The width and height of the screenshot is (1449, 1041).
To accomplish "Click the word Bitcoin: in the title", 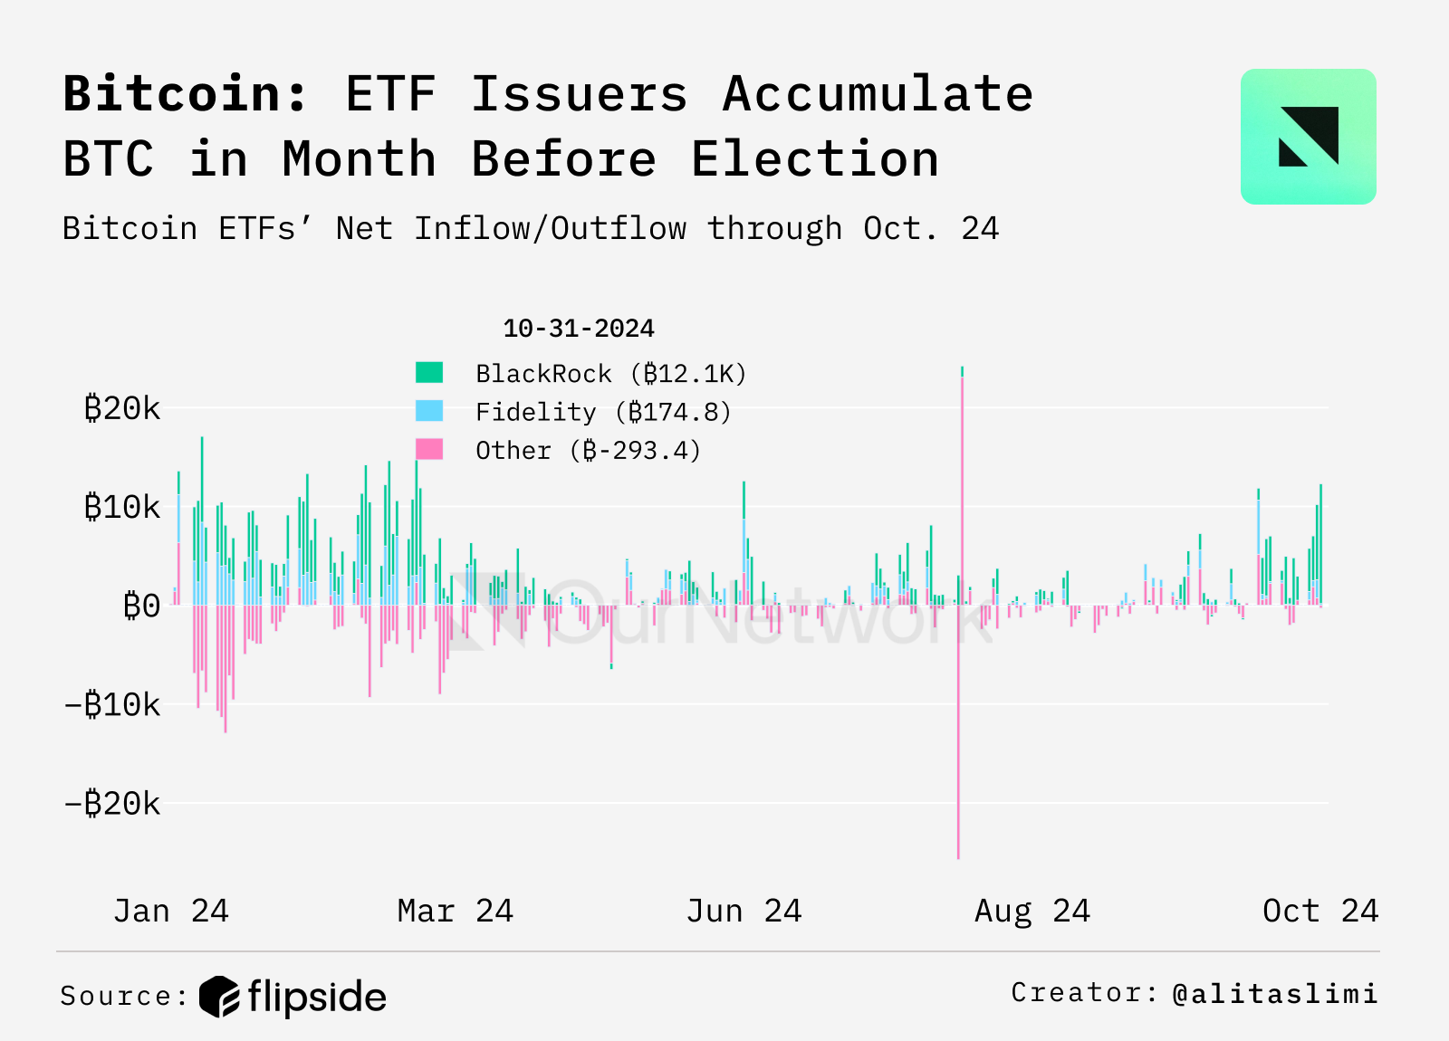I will (x=186, y=94).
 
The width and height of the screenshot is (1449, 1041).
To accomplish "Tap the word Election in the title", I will (x=815, y=159).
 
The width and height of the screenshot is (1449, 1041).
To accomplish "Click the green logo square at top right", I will (x=1308, y=137).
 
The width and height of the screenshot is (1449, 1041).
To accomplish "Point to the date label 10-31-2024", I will (x=578, y=329).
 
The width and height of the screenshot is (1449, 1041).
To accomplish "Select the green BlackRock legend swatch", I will (x=429, y=372).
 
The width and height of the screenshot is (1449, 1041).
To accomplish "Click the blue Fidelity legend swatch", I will (x=429, y=411).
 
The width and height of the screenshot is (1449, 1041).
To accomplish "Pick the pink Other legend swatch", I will (x=429, y=449).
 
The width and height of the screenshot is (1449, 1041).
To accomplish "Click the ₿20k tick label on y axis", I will (x=121, y=409).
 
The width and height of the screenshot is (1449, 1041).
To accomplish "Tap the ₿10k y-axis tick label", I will (x=121, y=508).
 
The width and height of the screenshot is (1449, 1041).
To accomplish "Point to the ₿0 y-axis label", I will (x=141, y=606).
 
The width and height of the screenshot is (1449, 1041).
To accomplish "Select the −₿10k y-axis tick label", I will (x=112, y=704).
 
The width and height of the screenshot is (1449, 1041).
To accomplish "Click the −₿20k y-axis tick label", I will (x=112, y=803).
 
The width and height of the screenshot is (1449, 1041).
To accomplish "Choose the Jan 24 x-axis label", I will (x=170, y=911).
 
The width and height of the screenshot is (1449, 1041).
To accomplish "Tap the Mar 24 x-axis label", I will (x=455, y=911).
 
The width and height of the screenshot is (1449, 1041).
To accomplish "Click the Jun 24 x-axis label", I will (x=744, y=911).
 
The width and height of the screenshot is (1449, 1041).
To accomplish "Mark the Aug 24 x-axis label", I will (x=1032, y=911).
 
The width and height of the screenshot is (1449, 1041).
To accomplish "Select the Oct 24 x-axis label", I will (x=1319, y=911).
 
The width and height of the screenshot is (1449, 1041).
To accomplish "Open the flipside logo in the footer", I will (x=293, y=997).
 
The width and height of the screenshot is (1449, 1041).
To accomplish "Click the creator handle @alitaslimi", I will (x=1274, y=994).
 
